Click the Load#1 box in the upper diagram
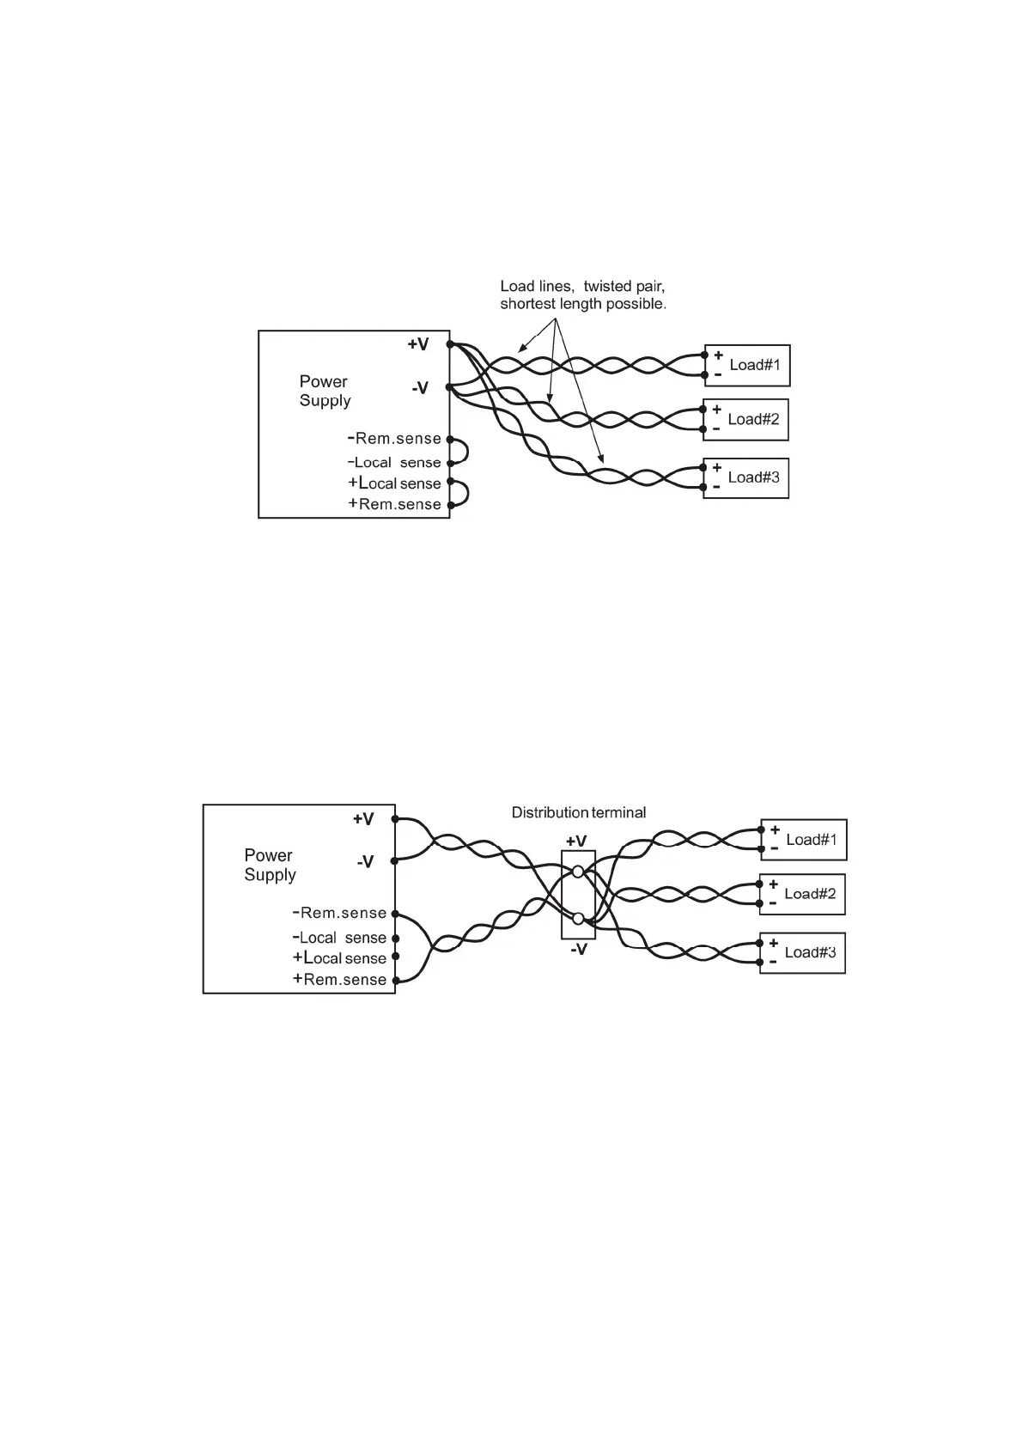[x=746, y=366]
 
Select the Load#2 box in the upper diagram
[x=745, y=420]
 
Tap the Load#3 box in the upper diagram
[x=745, y=477]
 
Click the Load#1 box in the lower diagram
[x=803, y=840]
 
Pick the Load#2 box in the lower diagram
[x=802, y=894]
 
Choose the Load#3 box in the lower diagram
[x=802, y=952]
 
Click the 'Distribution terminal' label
[x=578, y=812]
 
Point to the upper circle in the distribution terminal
[x=578, y=872]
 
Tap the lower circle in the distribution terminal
[x=578, y=919]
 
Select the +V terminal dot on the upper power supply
[x=449, y=344]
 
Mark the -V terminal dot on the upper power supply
[x=448, y=387]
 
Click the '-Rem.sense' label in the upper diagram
[x=394, y=439]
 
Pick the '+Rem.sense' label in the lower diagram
[x=339, y=980]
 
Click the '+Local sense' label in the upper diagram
[x=394, y=483]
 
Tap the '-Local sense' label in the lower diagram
[x=339, y=938]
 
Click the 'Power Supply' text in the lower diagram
[x=270, y=865]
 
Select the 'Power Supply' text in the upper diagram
[x=325, y=391]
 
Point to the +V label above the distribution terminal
[x=576, y=841]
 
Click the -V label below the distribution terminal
[x=578, y=950]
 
